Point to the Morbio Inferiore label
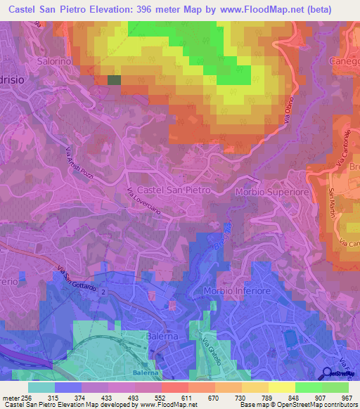point(237,291)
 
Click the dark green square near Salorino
point(114,80)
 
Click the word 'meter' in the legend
point(10,397)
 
